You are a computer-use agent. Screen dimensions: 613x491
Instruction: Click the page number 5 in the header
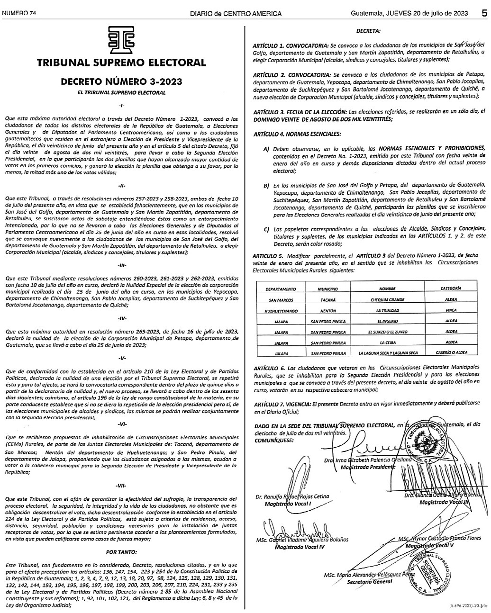484,13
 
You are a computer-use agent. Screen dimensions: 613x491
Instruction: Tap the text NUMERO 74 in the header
19,13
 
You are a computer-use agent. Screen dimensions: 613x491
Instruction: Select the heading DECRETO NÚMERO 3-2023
121,82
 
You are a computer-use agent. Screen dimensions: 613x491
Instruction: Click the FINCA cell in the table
451,311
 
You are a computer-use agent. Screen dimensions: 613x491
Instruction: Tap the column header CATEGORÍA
451,289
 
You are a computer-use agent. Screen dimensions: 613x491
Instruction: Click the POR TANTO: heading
122,552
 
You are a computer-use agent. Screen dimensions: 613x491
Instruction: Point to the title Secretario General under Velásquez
370,581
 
